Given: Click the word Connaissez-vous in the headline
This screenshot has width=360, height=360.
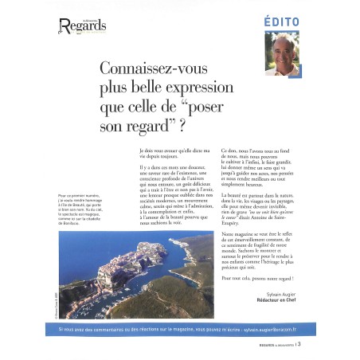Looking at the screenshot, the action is click(x=148, y=69).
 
